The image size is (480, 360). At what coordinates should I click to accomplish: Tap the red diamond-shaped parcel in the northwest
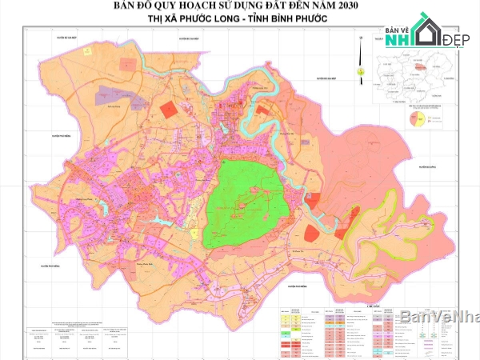168,107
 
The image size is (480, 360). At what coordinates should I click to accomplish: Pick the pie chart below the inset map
416,119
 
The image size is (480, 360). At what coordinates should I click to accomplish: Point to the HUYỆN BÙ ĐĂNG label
424,167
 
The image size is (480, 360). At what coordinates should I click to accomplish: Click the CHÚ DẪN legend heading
369,305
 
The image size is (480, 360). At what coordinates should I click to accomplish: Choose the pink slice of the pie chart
414,119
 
